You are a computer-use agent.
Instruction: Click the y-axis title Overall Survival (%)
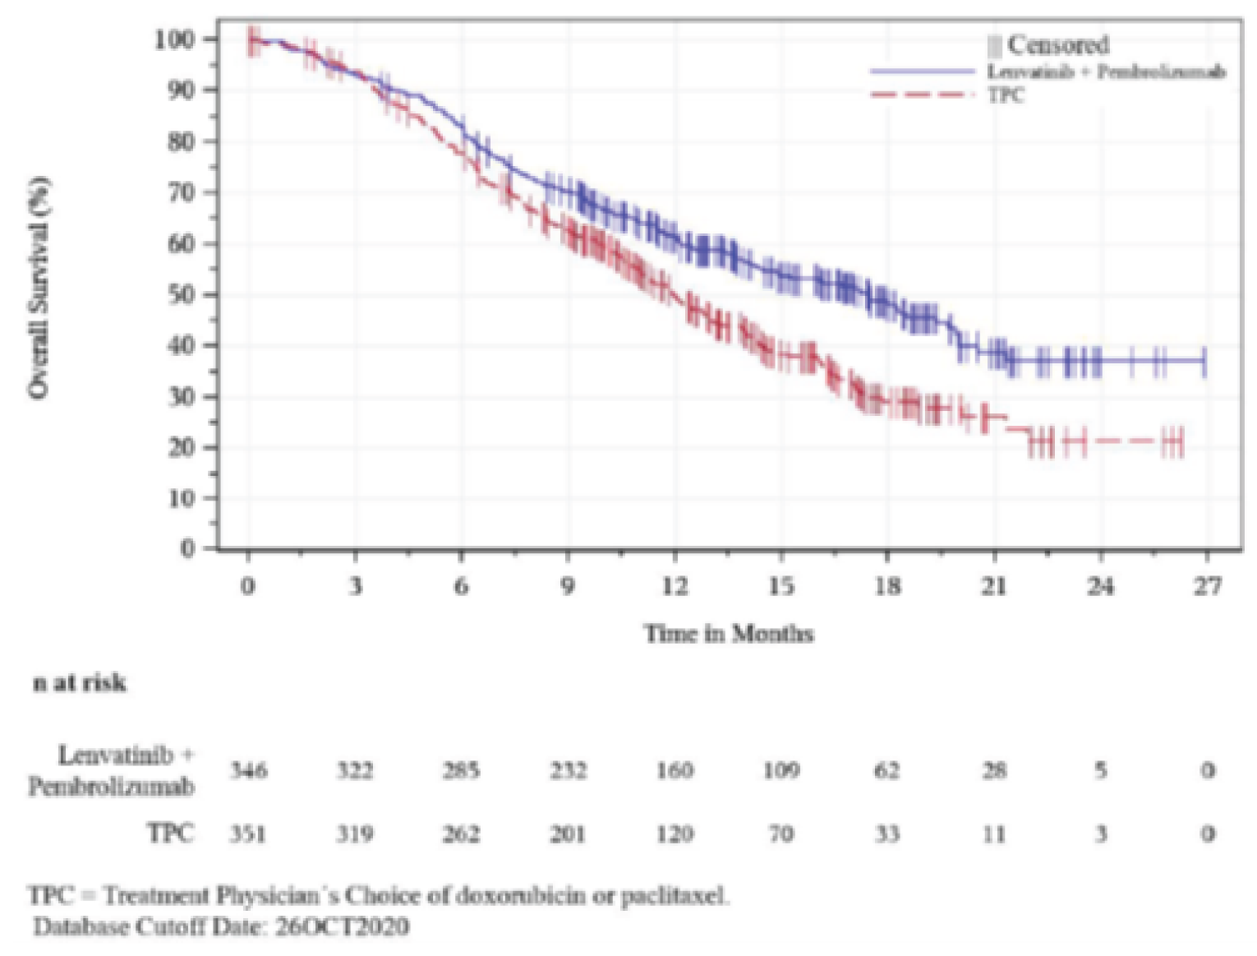(x=39, y=289)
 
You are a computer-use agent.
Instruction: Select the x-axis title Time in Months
(x=729, y=634)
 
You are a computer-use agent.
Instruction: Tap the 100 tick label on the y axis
(x=174, y=39)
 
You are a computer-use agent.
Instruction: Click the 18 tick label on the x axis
(x=886, y=586)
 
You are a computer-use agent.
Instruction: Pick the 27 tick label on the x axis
(x=1207, y=586)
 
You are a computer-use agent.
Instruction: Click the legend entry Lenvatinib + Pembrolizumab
(x=1106, y=72)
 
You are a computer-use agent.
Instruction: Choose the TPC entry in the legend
(x=1006, y=95)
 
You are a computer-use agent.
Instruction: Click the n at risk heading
(x=80, y=683)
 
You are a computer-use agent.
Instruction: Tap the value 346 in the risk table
(x=247, y=771)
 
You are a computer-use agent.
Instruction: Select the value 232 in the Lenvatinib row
(x=568, y=771)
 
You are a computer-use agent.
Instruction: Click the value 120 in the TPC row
(x=674, y=834)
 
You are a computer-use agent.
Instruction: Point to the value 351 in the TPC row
(x=247, y=834)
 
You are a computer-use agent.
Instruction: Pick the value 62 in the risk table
(x=886, y=771)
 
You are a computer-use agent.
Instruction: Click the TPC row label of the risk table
(x=171, y=834)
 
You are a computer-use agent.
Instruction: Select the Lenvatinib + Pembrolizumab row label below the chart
(x=113, y=771)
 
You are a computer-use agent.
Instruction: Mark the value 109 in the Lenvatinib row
(x=780, y=771)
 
